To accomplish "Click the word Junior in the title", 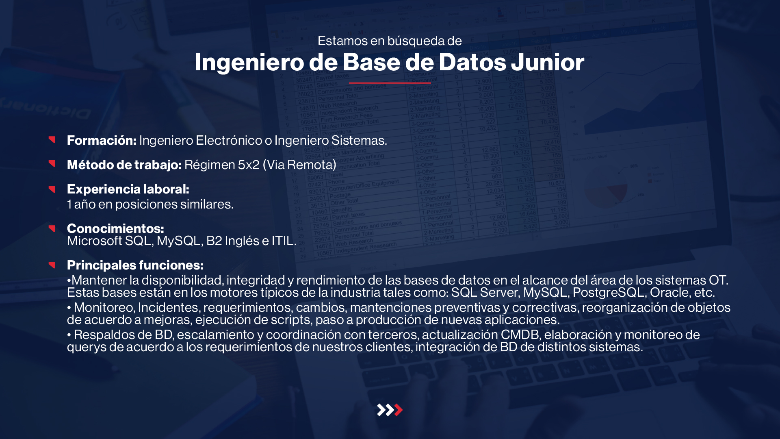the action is [547, 62].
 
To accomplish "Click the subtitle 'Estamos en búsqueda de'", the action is [390, 41].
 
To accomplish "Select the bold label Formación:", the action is [102, 140].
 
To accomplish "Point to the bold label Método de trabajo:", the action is [124, 165].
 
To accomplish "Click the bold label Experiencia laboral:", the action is [128, 189].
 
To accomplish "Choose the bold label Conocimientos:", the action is [115, 228].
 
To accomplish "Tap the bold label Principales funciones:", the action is [135, 265].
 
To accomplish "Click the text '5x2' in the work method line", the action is [249, 165].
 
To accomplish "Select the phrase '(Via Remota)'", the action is [299, 165].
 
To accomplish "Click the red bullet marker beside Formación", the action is [52, 139].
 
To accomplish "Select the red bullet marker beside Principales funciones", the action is [52, 265].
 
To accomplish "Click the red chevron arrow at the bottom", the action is [399, 410].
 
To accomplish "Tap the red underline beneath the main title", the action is [390, 83].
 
